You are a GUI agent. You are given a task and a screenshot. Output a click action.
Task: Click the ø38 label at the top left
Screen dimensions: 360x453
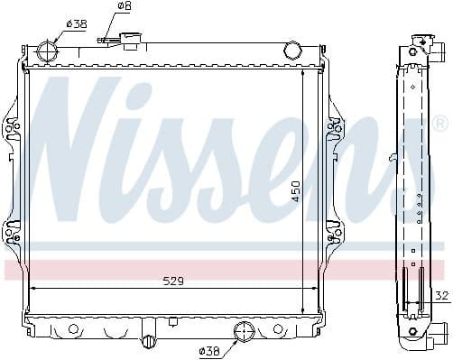tap(77, 24)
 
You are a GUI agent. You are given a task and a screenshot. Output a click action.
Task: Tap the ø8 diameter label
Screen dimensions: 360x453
tap(124, 8)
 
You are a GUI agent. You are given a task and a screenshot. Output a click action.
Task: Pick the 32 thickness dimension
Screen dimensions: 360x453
tap(441, 295)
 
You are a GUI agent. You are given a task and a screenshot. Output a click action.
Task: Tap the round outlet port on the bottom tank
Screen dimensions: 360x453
tap(244, 331)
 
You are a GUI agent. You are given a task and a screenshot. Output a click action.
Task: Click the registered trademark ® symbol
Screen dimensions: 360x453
tap(439, 122)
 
